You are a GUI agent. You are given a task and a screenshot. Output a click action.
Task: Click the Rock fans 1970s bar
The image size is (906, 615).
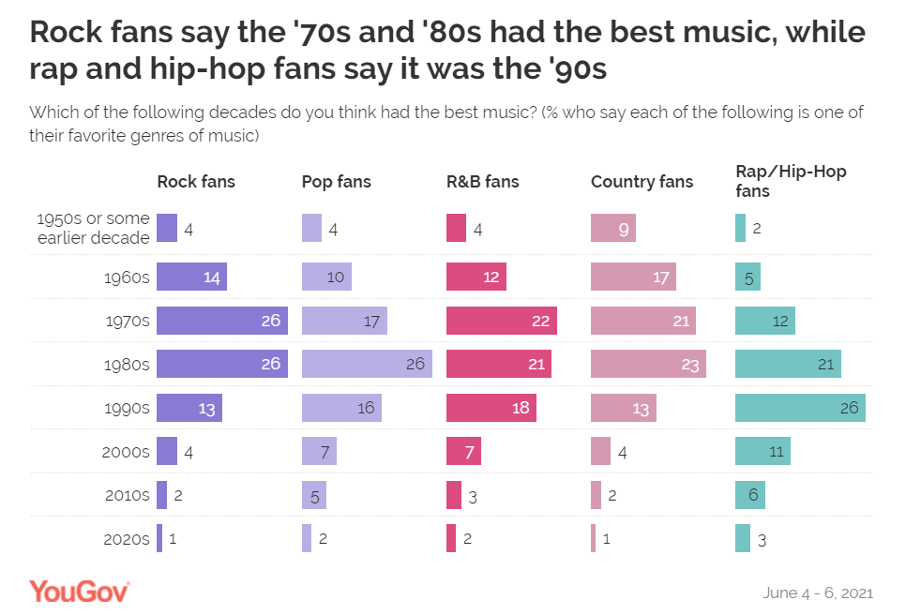[221, 321]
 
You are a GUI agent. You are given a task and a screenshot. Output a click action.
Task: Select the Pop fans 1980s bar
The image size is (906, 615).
[367, 364]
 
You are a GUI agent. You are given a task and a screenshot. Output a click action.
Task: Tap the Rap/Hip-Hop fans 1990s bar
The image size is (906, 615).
[799, 408]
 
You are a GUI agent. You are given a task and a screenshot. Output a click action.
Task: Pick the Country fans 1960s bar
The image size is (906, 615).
[633, 277]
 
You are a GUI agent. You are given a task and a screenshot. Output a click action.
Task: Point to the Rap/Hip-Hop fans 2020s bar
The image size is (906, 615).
[742, 538]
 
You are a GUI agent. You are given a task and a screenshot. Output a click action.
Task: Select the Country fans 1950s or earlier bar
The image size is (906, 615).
[613, 228]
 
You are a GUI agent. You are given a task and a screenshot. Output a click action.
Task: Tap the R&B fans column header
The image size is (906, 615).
[482, 182]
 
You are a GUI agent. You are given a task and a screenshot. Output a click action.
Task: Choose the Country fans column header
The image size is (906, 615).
[642, 182]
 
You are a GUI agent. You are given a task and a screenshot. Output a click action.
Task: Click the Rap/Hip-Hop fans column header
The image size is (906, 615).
[778, 181]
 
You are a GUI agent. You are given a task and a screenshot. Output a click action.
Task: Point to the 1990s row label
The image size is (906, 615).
[128, 408]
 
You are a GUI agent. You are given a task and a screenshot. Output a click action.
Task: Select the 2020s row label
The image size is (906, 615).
[128, 539]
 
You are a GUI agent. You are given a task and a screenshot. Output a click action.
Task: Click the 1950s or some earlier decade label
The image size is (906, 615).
[93, 228]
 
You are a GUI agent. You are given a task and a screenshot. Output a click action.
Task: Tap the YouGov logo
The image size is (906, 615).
[79, 591]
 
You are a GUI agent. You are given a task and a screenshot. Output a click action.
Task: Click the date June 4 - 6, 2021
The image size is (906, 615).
[819, 592]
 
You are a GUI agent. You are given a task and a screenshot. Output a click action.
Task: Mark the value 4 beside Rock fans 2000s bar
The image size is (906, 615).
[189, 452]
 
